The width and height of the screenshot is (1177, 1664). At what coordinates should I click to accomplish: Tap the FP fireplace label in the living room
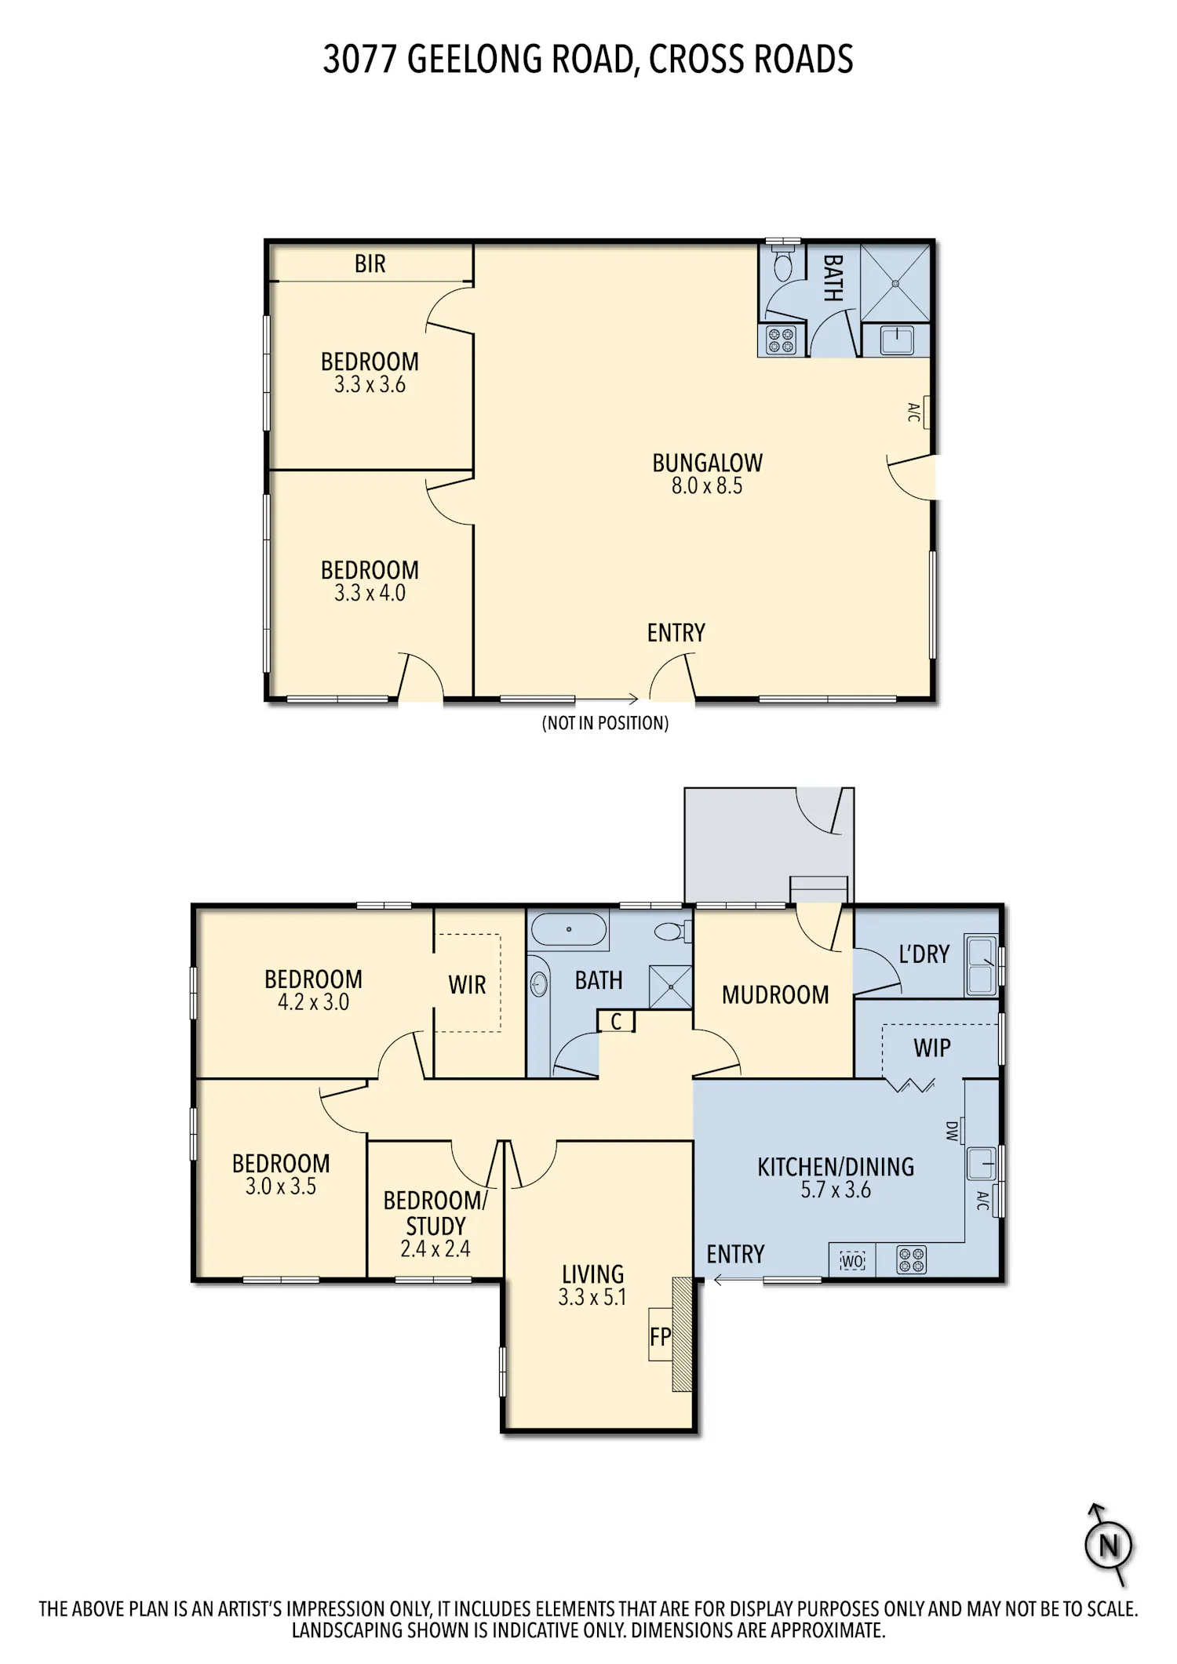coord(660,1335)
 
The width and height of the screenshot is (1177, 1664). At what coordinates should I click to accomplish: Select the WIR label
coord(467,985)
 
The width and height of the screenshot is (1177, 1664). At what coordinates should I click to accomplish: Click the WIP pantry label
coord(932,1048)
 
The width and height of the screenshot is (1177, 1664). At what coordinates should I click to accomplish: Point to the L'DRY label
coord(924,954)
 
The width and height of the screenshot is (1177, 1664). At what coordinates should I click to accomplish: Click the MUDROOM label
coord(775,995)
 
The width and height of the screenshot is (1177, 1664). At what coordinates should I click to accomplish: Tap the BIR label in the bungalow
coord(370,264)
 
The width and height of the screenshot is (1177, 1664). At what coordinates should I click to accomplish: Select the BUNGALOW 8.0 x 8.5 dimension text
coord(707,486)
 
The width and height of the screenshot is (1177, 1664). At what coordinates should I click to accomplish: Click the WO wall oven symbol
coord(852,1262)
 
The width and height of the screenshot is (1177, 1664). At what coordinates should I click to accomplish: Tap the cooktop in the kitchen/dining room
coord(912,1260)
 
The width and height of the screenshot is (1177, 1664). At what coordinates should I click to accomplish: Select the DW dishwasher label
coord(953,1131)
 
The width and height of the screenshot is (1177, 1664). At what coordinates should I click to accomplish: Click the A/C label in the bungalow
coord(914,412)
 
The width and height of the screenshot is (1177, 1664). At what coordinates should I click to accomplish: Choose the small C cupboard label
coord(616,1022)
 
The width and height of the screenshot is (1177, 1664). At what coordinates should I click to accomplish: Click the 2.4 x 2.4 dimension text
coord(435,1249)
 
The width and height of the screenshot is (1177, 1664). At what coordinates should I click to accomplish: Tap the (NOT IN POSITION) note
coord(605,723)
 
